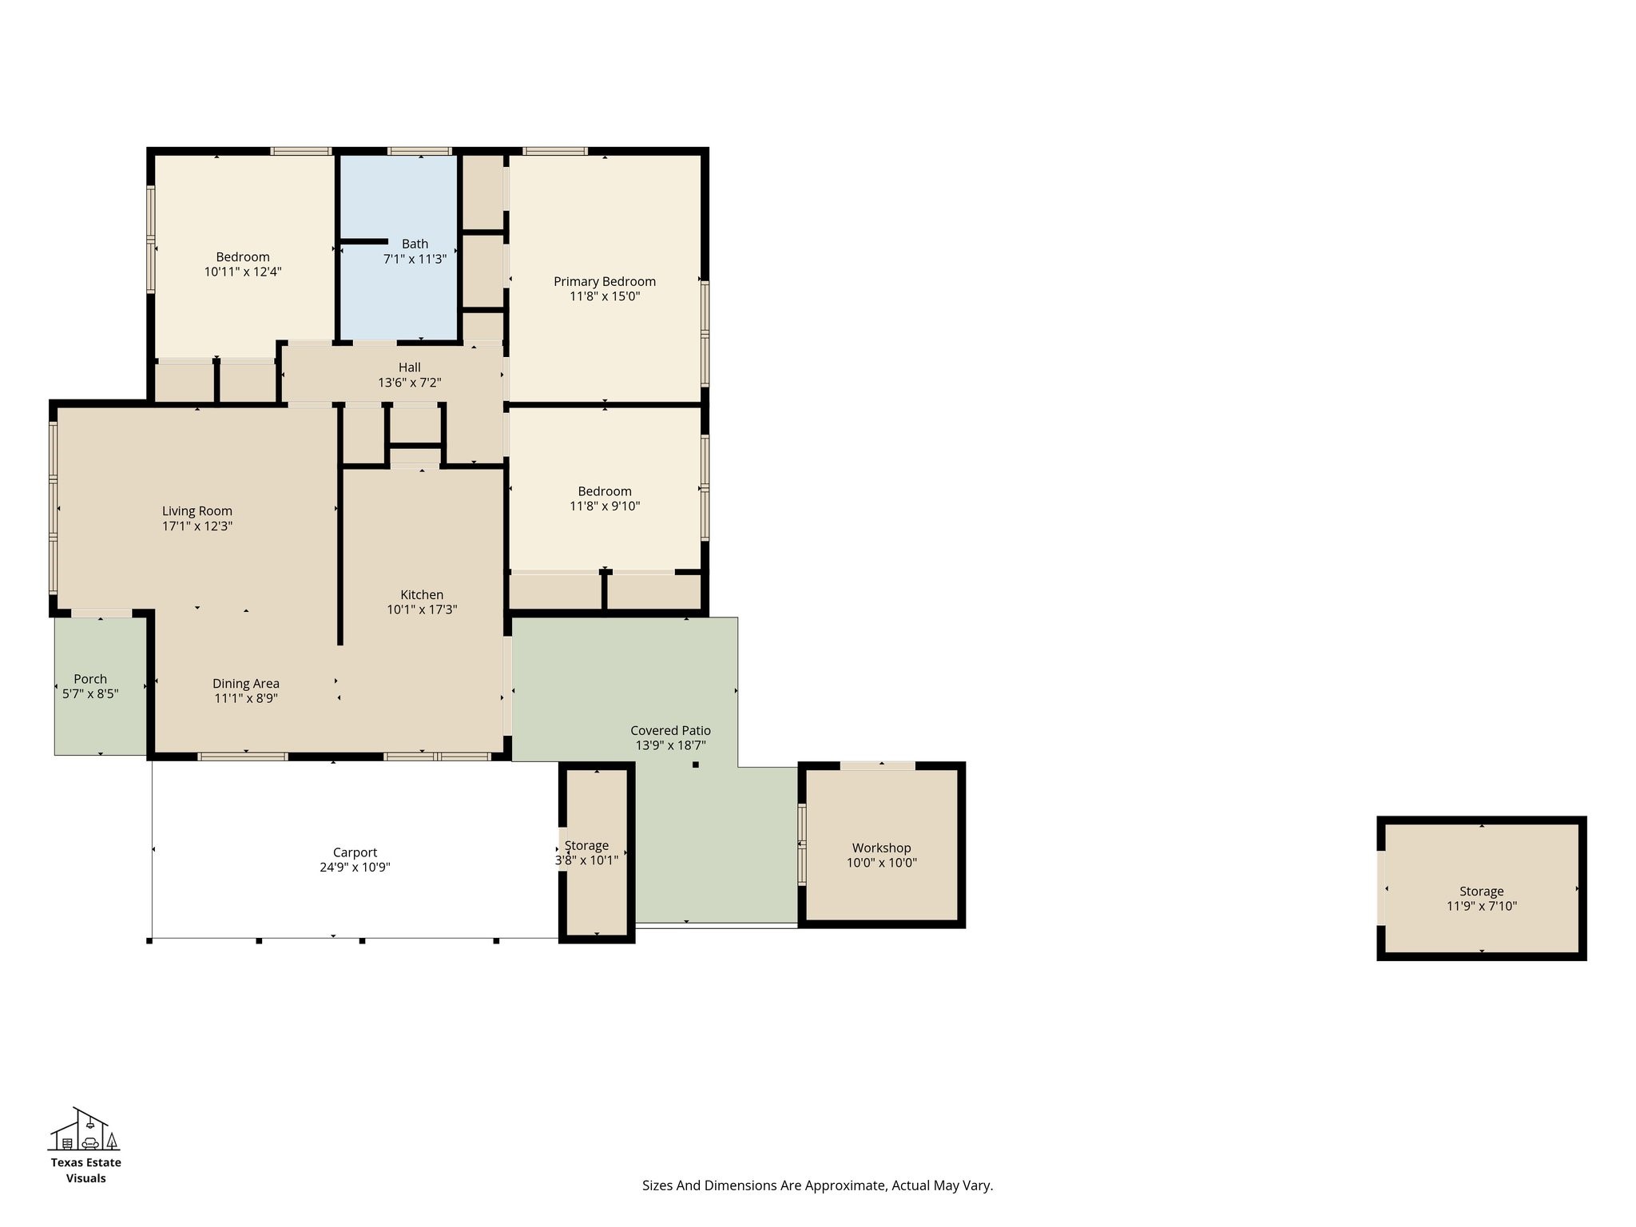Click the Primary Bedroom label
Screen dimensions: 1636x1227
coord(605,281)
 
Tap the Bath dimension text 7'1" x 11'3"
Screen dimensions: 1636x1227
coord(415,259)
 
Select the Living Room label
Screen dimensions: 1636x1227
coord(197,511)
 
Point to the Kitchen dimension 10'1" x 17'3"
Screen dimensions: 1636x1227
coord(422,610)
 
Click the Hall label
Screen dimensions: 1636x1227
coord(410,367)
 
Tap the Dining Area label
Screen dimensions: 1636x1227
coord(246,684)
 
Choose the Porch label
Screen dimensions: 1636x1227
coord(90,679)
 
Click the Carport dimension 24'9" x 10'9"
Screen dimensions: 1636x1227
coord(355,868)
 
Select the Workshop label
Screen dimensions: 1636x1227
coord(881,848)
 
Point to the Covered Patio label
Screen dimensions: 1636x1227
coord(670,730)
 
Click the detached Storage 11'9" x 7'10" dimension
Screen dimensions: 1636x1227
coord(1482,906)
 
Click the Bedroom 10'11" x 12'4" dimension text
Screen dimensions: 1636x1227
coord(243,272)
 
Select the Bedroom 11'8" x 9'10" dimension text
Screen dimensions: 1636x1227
coord(605,506)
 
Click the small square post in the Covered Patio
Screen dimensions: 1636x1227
coord(696,764)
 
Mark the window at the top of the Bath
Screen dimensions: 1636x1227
coord(419,151)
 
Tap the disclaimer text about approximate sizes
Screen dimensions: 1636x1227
coord(817,1185)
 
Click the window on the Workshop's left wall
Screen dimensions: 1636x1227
coord(802,844)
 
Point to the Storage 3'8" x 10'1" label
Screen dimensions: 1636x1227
coord(586,845)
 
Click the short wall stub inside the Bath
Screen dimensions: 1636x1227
coord(364,240)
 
